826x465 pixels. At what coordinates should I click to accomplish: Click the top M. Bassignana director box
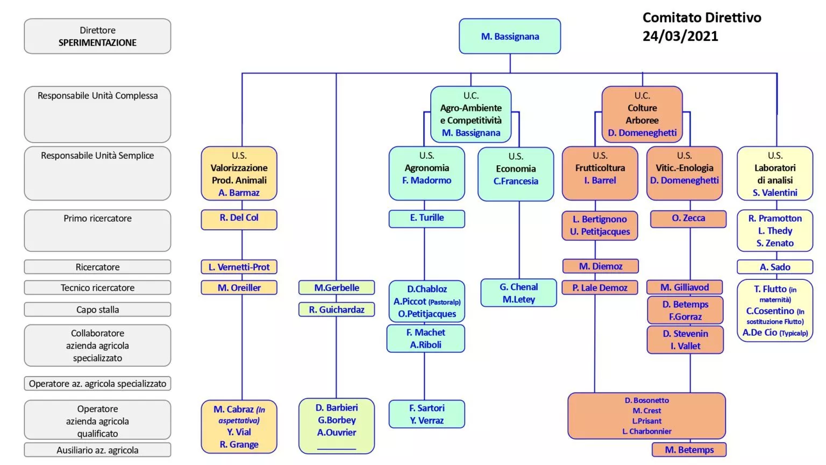coord(510,36)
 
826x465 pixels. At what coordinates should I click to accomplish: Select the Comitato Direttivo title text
coord(702,18)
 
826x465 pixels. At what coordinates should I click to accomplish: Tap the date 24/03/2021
coord(680,36)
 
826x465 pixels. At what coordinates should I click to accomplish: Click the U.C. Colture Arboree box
coord(642,115)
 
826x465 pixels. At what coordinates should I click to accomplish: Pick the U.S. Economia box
coord(516,174)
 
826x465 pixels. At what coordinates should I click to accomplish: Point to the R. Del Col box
coord(239,220)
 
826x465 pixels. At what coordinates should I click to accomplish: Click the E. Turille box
coord(426,219)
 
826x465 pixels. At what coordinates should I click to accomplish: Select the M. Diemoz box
coord(600,266)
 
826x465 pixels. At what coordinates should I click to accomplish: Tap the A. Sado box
coord(775,267)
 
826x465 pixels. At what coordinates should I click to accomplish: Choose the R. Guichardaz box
coord(336,309)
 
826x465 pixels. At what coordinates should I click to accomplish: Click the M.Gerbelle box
coord(336,287)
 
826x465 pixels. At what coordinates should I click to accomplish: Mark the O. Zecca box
coord(688,219)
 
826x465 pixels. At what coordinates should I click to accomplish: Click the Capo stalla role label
coord(97,309)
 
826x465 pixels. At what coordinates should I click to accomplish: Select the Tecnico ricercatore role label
coord(97,287)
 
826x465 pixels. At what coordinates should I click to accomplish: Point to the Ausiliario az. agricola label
coord(97,450)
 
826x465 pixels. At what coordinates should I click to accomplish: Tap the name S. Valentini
coord(775,193)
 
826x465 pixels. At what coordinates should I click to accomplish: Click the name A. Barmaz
coord(239,193)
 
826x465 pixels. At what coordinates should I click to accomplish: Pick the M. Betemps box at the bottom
coord(689,449)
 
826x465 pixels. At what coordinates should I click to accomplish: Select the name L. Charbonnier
coord(646,431)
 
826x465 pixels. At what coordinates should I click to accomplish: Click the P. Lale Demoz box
coord(600,287)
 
